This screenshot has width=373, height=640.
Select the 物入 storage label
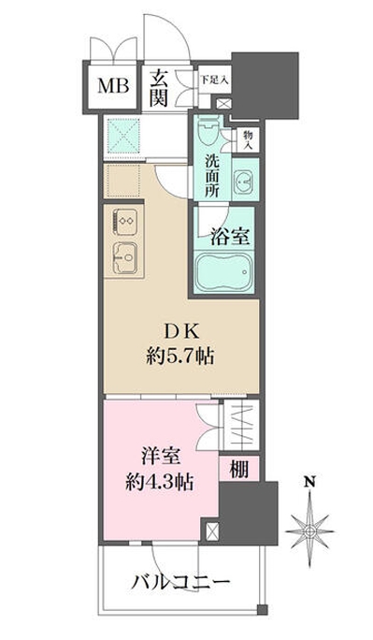pyautogui.click(x=248, y=139)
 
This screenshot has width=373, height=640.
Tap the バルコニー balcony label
pyautogui.click(x=184, y=581)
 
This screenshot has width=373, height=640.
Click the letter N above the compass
pyautogui.click(x=308, y=484)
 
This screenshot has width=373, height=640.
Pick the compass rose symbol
pyautogui.click(x=308, y=531)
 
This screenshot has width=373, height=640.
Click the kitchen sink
pyautogui.click(x=125, y=255)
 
